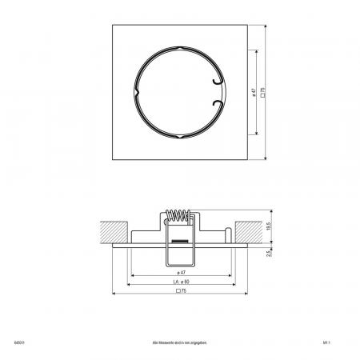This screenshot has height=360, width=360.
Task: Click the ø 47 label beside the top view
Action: [253, 92]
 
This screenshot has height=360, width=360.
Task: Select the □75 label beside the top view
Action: [262, 92]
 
